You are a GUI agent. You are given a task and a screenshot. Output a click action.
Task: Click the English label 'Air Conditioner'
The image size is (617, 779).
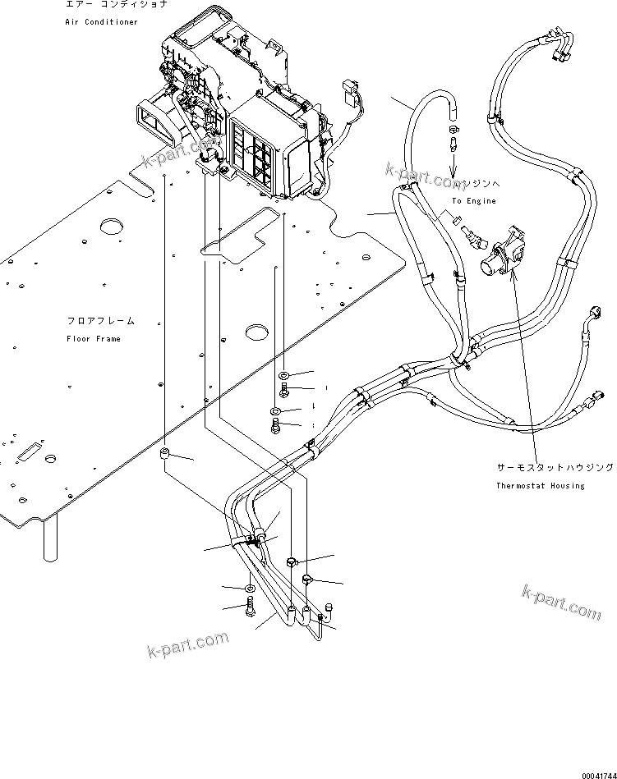coord(102,21)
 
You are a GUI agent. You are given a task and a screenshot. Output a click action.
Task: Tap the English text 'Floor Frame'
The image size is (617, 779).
coord(94,338)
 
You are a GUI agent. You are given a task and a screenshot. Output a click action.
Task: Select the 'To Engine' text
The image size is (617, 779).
coord(474,200)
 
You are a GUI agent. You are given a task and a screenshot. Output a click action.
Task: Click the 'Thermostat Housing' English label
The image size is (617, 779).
coord(540,485)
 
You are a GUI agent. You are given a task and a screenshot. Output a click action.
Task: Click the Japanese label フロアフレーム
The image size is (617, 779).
coord(100,321)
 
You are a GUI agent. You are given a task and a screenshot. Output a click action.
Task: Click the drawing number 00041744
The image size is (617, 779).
coord(596,773)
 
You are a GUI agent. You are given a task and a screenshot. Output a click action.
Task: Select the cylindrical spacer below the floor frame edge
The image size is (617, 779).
coord(165,455)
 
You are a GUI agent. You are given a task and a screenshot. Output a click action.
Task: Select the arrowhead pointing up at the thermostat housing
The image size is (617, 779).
coord(513,277)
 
